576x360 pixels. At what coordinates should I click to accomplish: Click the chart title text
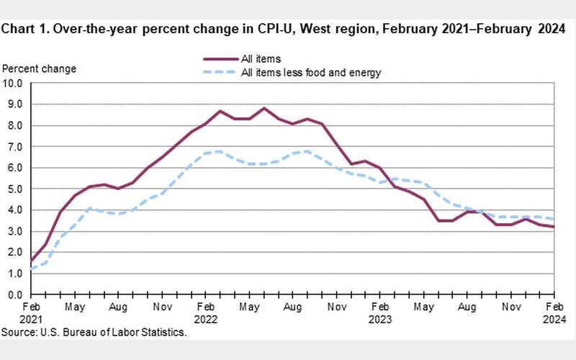(x=283, y=30)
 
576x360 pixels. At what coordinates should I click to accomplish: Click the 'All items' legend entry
(x=261, y=58)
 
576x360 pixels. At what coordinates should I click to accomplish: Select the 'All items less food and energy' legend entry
(x=311, y=72)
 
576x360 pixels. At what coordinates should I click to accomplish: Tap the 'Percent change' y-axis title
(x=40, y=68)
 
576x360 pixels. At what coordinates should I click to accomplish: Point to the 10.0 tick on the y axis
(x=14, y=83)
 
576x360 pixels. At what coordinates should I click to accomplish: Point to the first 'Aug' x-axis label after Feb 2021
(x=118, y=306)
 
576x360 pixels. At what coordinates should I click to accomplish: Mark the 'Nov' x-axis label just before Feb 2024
(x=510, y=306)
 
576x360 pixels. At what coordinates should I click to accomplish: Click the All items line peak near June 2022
(x=264, y=108)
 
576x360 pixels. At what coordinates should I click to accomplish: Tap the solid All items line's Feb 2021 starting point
(x=32, y=261)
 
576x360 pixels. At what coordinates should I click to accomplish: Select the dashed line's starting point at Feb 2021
(x=32, y=269)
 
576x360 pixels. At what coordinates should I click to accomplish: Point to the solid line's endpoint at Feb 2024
(x=553, y=227)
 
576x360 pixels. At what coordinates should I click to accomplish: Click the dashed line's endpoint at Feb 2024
(x=553, y=219)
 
